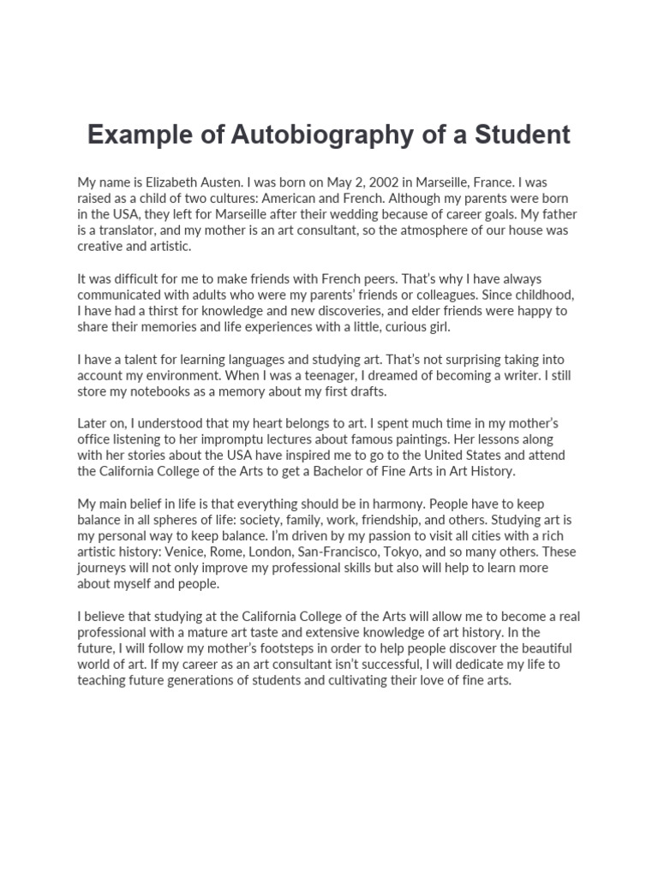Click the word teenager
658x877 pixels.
pos(266,375)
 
